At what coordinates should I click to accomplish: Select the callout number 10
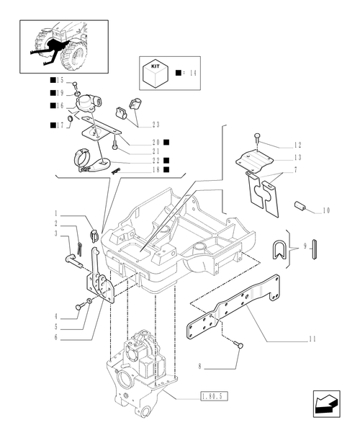point(326,210)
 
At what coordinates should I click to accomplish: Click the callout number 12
point(298,145)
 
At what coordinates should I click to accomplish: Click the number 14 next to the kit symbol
point(194,73)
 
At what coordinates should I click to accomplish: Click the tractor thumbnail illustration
point(64,46)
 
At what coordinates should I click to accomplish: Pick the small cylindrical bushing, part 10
point(300,207)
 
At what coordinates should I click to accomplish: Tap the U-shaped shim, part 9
point(279,249)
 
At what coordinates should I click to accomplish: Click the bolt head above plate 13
point(257,137)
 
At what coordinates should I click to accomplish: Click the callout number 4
point(55,316)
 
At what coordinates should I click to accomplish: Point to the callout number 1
point(55,213)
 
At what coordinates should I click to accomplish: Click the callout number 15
point(60,80)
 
